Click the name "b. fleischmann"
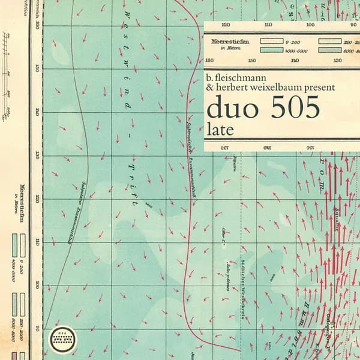point(236,78)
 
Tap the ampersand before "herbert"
point(209,88)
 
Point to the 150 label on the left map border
point(37,68)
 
